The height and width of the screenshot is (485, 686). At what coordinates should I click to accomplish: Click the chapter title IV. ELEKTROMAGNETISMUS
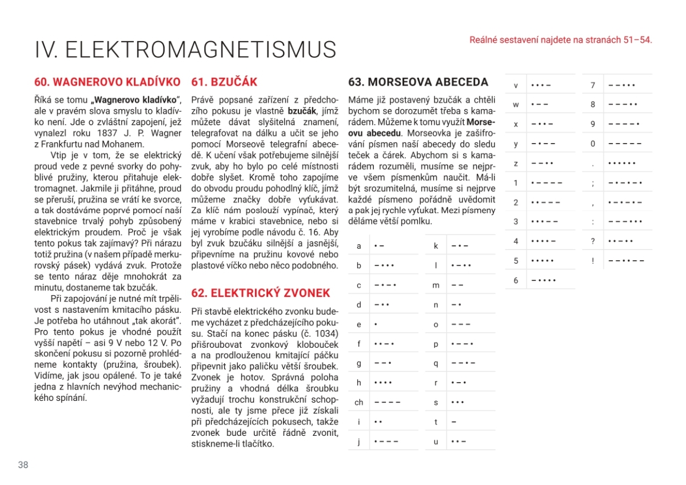point(185,50)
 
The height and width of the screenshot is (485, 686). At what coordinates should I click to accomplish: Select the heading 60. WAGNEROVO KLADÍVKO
point(107,82)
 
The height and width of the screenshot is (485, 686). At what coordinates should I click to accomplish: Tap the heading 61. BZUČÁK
point(224,82)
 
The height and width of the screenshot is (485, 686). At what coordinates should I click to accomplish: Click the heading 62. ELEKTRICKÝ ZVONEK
point(261,293)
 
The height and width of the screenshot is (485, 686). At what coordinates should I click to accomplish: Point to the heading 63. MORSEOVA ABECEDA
point(418,82)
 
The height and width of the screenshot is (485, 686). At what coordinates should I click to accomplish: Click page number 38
point(23,465)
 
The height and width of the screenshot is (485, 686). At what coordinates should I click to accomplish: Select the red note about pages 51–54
point(560,40)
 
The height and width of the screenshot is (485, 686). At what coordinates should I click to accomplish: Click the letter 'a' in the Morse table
point(359,246)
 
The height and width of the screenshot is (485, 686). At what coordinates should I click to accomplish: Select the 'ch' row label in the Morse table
point(359,403)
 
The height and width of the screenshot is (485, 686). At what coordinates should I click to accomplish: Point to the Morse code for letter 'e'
point(376,324)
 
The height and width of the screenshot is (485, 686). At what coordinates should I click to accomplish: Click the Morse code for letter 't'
point(454,422)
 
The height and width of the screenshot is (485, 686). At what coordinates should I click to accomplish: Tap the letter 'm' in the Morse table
point(436,285)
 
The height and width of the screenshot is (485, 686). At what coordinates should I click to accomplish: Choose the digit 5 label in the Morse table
point(516,261)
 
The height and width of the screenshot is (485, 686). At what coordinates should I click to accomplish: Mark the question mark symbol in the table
point(593,241)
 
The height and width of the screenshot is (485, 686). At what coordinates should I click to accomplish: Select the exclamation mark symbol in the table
point(593,261)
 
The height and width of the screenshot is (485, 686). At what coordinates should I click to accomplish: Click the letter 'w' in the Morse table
point(516,105)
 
